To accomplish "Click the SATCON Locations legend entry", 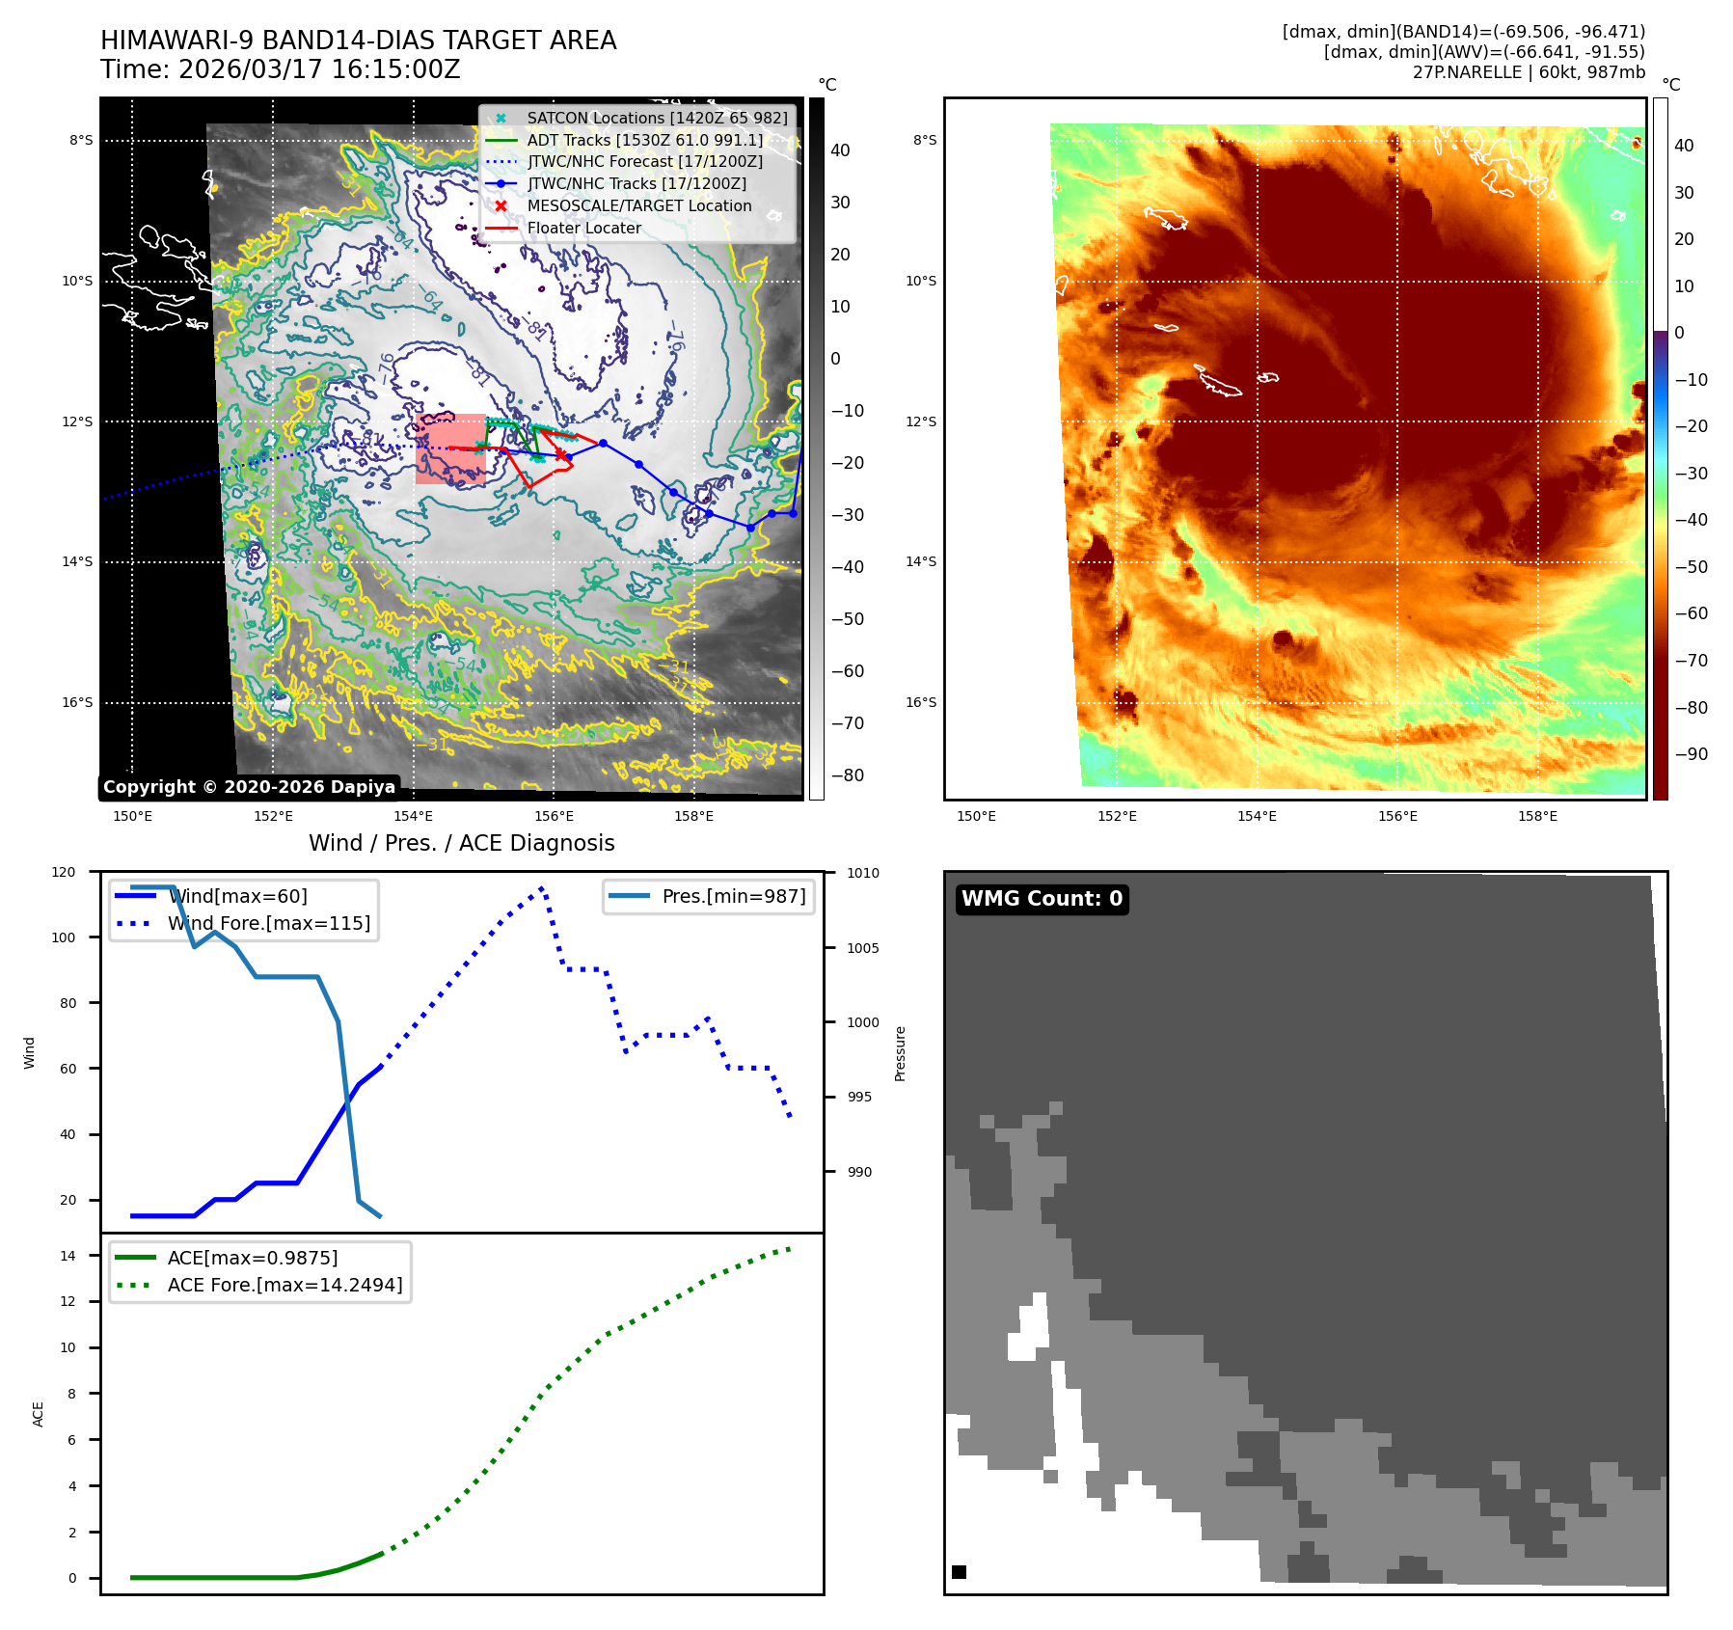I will [656, 118].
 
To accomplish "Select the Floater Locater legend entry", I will [583, 229].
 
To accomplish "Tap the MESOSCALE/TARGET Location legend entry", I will [638, 206].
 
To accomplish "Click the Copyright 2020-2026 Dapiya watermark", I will [249, 787].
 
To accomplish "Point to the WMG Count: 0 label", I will [1042, 899].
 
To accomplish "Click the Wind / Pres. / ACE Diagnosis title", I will [461, 843].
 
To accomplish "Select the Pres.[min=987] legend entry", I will [733, 896].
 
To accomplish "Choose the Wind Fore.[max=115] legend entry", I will [268, 923].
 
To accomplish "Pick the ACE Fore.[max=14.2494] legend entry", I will [284, 1285].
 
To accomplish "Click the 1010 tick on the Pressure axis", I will [863, 873].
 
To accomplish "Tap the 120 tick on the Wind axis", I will [64, 872].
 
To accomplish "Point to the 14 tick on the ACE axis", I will [68, 1256].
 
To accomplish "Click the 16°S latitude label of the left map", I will [77, 702].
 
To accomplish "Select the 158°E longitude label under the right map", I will [1537, 816].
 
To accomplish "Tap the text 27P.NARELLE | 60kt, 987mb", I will [1529, 72].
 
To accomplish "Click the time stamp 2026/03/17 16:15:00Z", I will [319, 70].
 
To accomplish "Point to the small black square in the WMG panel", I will [959, 1572].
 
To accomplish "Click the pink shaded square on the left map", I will [450, 448].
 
